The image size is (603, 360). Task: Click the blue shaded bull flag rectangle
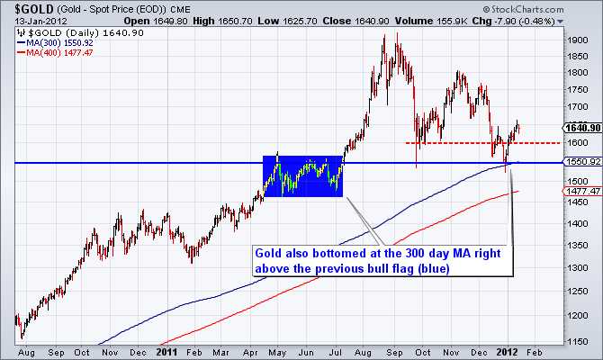(x=302, y=176)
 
